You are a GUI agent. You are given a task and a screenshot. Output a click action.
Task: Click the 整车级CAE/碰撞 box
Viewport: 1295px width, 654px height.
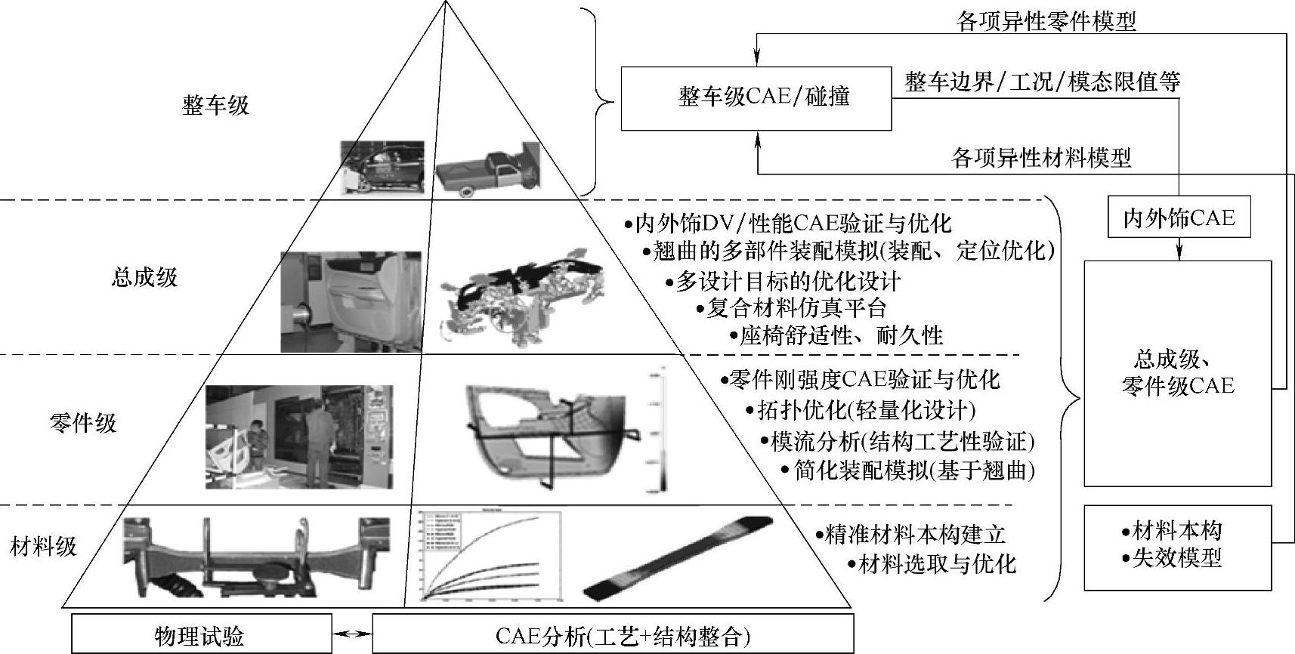coord(756,98)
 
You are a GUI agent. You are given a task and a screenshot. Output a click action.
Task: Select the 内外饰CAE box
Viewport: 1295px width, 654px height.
coord(1179,218)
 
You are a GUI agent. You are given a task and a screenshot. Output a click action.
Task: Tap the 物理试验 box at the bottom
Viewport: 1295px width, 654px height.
coord(201,634)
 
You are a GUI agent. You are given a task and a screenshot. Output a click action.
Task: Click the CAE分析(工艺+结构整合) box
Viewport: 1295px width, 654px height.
coord(614,634)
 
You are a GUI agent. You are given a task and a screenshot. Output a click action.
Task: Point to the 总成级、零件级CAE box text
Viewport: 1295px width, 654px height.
coord(1177,372)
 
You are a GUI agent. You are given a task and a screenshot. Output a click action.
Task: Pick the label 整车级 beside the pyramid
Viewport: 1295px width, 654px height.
coord(215,105)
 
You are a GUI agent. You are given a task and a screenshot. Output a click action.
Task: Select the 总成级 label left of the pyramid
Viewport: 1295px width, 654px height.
coord(144,277)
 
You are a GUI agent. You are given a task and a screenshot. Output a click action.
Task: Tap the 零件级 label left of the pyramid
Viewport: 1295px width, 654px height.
coord(83,422)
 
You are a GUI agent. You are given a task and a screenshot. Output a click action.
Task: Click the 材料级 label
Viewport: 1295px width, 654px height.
coord(44,546)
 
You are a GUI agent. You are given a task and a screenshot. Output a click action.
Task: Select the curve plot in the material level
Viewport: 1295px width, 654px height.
coord(487,557)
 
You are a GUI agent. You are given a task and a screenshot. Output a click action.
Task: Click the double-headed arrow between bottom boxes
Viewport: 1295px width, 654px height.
coord(352,634)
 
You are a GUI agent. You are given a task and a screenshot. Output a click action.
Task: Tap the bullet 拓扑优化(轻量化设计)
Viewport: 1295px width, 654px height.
coord(865,410)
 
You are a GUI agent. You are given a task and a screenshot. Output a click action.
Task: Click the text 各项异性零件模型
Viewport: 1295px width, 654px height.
coord(1046,22)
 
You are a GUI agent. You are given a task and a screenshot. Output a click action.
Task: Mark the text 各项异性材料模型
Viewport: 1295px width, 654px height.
coord(1041,158)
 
